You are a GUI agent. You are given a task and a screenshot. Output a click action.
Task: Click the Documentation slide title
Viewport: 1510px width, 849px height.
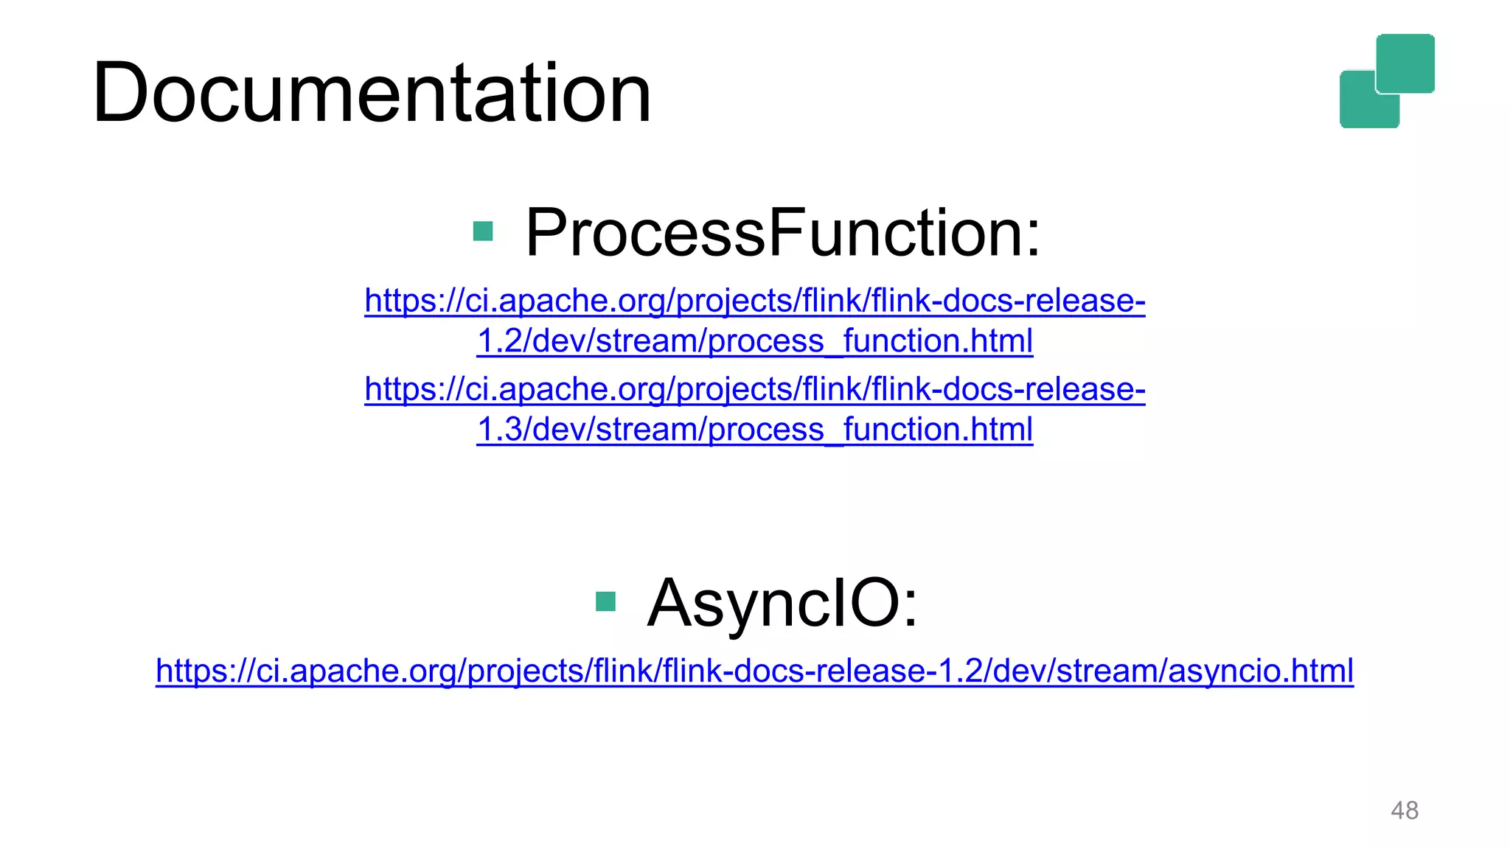pyautogui.click(x=372, y=94)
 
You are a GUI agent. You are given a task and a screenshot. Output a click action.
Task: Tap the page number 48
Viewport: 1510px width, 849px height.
pyautogui.click(x=1404, y=810)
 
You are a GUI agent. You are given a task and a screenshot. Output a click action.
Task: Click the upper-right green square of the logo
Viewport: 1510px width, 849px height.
pyautogui.click(x=1405, y=63)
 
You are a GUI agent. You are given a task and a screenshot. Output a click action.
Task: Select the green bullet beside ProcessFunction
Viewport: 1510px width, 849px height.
pyautogui.click(x=483, y=231)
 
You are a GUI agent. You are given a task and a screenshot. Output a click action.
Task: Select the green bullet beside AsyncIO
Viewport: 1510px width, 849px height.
pyautogui.click(x=605, y=601)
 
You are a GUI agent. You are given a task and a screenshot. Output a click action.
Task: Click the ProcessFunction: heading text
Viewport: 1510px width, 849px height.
pyautogui.click(x=782, y=233)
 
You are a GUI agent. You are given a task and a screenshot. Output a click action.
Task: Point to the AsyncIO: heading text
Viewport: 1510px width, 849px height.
pyautogui.click(x=782, y=603)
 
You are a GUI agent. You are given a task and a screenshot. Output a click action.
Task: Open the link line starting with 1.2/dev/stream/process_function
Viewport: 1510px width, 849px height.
pyautogui.click(x=754, y=341)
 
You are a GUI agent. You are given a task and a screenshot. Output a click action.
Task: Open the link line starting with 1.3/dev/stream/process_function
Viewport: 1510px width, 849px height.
pyautogui.click(x=754, y=430)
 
